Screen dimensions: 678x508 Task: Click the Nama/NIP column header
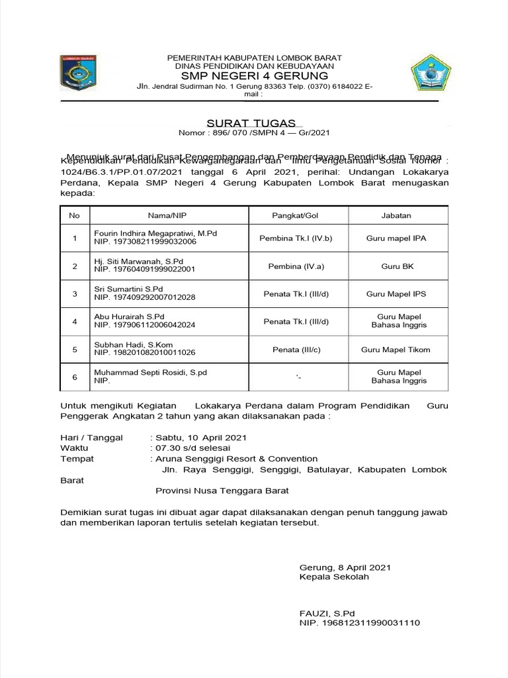pos(169,215)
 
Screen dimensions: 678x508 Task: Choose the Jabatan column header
pos(397,215)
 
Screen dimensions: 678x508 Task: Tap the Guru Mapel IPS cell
pos(397,294)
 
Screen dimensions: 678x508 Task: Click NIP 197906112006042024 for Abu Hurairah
pos(145,326)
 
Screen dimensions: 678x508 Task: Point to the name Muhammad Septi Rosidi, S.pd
pos(150,373)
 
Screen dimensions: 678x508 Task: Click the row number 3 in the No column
pos(75,294)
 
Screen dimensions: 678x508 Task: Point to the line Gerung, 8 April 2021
pos(345,567)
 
